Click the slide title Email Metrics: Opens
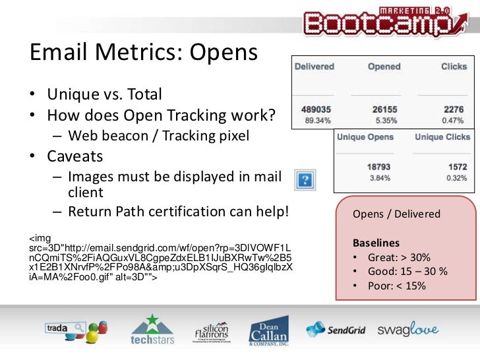pyautogui.click(x=144, y=53)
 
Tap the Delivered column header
pyautogui.click(x=314, y=67)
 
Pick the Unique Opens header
pyautogui.click(x=365, y=137)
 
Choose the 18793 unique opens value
pyautogui.click(x=380, y=167)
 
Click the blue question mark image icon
pyautogui.click(x=304, y=180)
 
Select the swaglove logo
pyautogui.click(x=408, y=330)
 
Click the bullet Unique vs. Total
pyautogui.click(x=104, y=95)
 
